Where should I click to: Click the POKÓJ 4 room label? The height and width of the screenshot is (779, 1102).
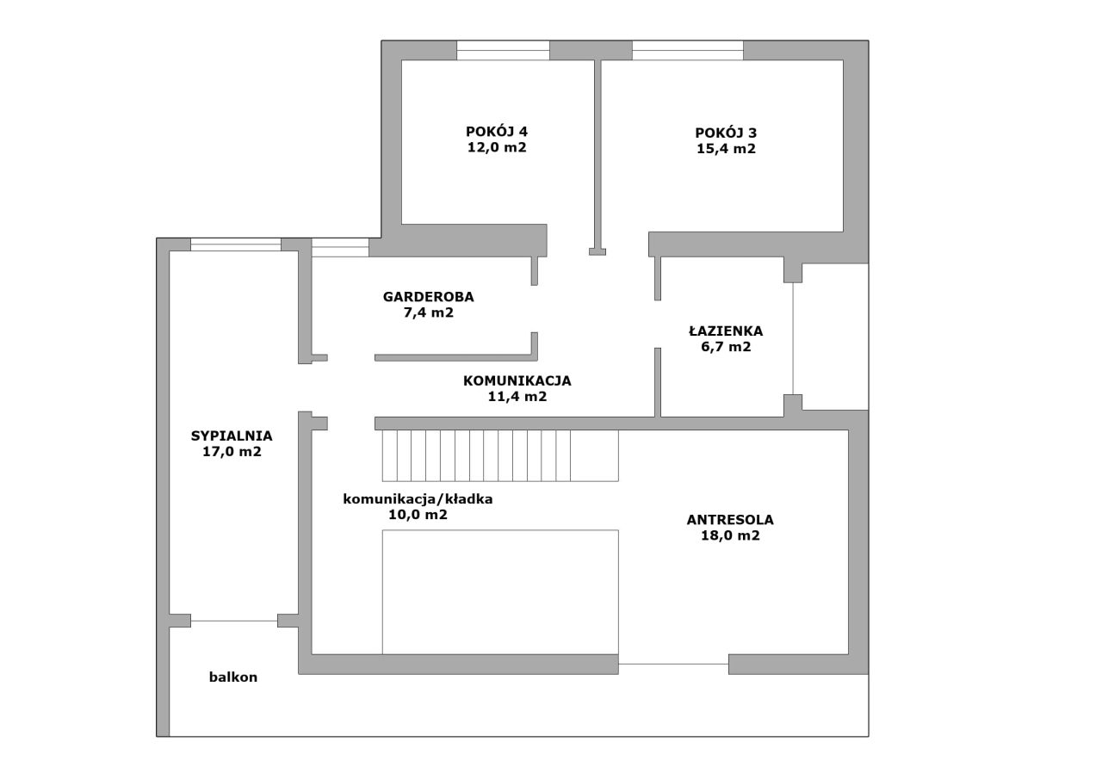click(x=497, y=132)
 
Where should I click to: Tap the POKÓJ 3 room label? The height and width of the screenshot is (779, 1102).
click(x=726, y=133)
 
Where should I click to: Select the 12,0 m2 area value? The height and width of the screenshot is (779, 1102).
click(x=497, y=147)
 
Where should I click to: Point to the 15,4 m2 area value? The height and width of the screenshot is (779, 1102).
click(x=726, y=149)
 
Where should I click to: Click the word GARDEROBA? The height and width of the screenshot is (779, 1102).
click(x=428, y=297)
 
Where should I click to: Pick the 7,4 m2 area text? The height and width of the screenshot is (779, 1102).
click(x=428, y=312)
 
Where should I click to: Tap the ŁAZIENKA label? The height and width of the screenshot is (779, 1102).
click(x=726, y=331)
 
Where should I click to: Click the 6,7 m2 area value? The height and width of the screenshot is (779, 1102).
click(x=726, y=347)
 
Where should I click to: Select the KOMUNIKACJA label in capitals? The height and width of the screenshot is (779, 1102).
click(x=517, y=380)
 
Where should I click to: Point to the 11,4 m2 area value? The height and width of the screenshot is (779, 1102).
click(x=517, y=396)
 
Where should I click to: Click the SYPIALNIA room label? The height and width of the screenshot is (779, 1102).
click(x=232, y=436)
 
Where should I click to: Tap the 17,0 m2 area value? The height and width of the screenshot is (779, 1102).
click(x=232, y=451)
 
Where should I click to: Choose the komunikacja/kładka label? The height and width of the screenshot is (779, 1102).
click(x=418, y=499)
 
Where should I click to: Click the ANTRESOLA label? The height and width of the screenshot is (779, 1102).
click(x=730, y=520)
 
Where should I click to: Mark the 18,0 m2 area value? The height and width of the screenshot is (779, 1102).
click(x=730, y=535)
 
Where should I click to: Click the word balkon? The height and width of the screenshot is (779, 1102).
click(x=233, y=677)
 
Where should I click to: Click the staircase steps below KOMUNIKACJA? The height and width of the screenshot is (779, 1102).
click(x=500, y=455)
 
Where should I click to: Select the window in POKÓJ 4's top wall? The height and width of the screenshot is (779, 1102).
click(x=503, y=50)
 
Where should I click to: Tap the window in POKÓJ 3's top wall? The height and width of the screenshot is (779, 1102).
click(x=688, y=50)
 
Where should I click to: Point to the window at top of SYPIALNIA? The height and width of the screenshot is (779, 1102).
click(x=236, y=244)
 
